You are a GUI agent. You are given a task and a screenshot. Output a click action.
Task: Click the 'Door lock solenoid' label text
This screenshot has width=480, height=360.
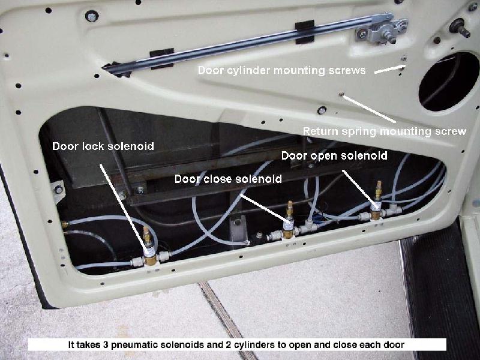click(x=103, y=146)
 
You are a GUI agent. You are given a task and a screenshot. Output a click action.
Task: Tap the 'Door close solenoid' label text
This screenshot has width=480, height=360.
click(x=228, y=179)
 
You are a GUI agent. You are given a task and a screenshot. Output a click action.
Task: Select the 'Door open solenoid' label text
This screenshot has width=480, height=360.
click(x=334, y=155)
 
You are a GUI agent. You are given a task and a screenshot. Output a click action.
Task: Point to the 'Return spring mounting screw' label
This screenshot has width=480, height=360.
click(x=385, y=131)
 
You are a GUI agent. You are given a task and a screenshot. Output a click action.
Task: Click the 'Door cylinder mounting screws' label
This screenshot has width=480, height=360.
click(x=281, y=70)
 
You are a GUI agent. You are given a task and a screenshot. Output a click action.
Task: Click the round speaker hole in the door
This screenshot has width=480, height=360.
click(x=449, y=82)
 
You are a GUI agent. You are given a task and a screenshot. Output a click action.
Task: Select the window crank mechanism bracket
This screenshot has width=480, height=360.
click(x=380, y=31)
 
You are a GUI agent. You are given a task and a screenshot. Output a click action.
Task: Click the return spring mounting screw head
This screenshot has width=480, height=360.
click(x=341, y=94)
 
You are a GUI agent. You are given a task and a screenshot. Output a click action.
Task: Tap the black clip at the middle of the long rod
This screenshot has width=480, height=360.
click(x=305, y=32)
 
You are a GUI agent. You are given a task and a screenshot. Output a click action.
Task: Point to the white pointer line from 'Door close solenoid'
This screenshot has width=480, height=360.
click(x=265, y=208)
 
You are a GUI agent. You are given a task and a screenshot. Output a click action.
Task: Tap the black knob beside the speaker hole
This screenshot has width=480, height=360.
click(x=459, y=28)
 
